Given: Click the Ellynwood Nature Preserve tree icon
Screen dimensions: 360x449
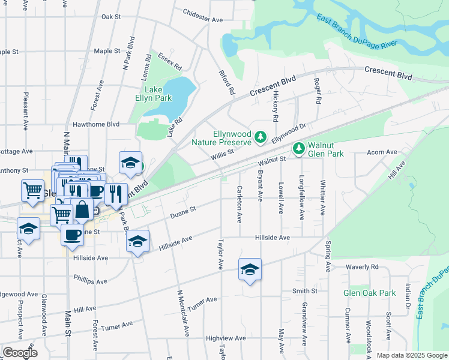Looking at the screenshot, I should pos(261,138).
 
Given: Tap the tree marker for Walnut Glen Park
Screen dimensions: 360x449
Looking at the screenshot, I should pos(298,148).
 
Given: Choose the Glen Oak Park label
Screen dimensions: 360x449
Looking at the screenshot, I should pos(369,293).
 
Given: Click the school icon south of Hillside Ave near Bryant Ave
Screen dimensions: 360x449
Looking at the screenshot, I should pos(250,268).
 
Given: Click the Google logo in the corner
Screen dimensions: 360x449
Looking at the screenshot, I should pos(20,353).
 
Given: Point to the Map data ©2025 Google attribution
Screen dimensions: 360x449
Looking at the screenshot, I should pos(412,355).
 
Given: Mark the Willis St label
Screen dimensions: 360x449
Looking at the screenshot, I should pos(221,155).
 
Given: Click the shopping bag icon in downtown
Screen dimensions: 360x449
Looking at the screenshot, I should pos(83,209).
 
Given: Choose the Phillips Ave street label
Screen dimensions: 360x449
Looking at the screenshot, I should pos(90,280).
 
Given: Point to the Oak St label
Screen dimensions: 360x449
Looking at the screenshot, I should pos(111,17).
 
